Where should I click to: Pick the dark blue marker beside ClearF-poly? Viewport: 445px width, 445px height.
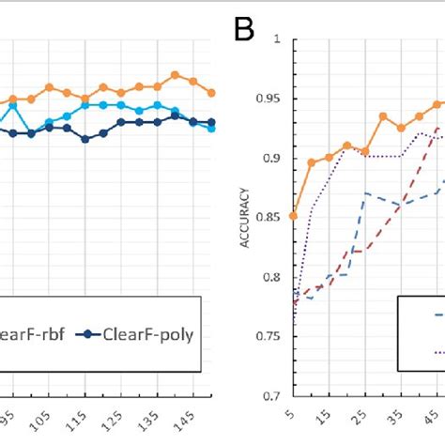click(85, 332)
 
